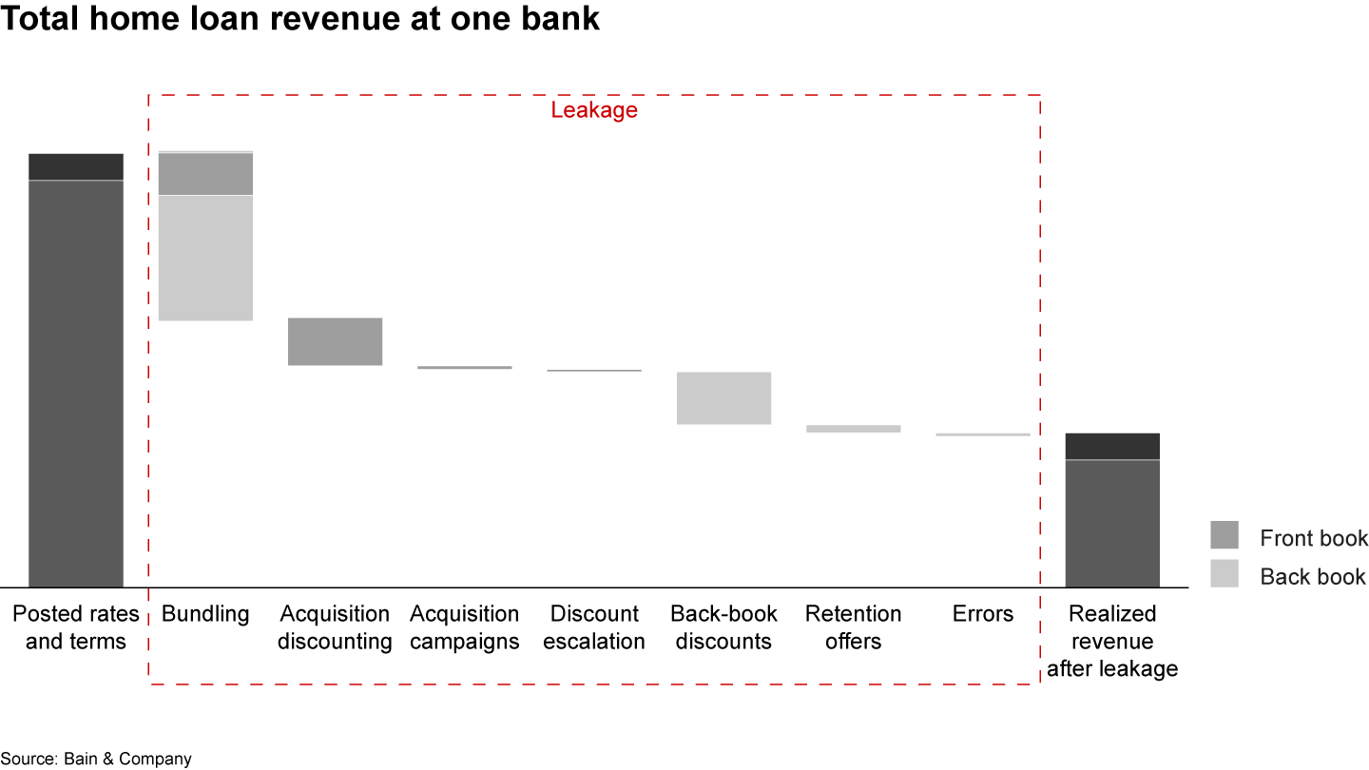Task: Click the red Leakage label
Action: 594,110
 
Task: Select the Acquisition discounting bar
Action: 335,341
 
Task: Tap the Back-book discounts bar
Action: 723,397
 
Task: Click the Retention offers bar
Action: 853,429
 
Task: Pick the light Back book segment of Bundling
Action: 205,258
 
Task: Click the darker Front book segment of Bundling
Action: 205,174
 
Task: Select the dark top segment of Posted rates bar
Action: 76,166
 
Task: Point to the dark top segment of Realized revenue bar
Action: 1112,446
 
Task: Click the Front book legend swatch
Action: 1224,535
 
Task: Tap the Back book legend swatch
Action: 1224,573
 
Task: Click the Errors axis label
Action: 983,614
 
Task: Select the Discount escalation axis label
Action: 594,627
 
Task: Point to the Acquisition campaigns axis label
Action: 465,627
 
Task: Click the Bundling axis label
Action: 205,614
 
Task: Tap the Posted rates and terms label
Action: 76,627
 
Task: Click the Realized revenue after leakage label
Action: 1112,641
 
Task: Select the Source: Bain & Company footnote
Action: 96,759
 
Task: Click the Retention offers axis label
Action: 853,627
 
